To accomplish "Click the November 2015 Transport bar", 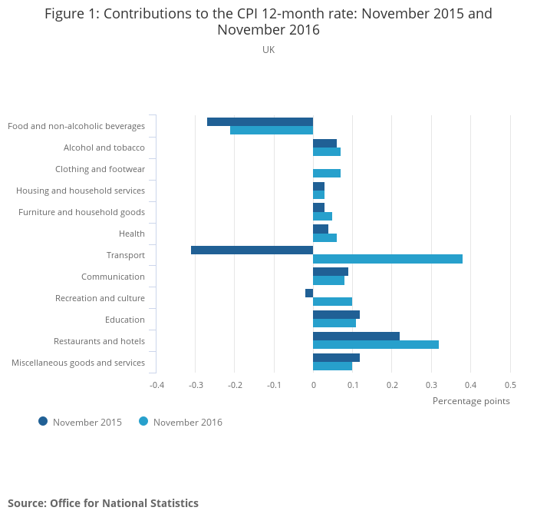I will (x=252, y=250).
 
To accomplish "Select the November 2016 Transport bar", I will (x=387, y=259).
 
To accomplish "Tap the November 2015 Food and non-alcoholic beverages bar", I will (x=260, y=121).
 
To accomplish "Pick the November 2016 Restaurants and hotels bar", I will (x=376, y=344).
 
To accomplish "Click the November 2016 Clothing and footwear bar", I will (x=327, y=173).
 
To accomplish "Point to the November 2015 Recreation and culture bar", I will (x=309, y=293).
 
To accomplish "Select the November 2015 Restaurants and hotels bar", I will (x=356, y=336).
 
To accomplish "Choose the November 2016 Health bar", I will (x=325, y=237).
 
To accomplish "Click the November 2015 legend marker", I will (x=43, y=421).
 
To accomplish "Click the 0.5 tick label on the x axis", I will (x=510, y=384).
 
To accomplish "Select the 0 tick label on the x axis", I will (x=313, y=384).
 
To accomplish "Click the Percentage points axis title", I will (x=471, y=400).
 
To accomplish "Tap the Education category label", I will (x=124, y=320).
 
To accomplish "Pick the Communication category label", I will (x=113, y=277).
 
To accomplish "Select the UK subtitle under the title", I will (x=268, y=49).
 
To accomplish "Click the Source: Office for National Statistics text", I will (x=103, y=503).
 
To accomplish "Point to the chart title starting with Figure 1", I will (x=268, y=22).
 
